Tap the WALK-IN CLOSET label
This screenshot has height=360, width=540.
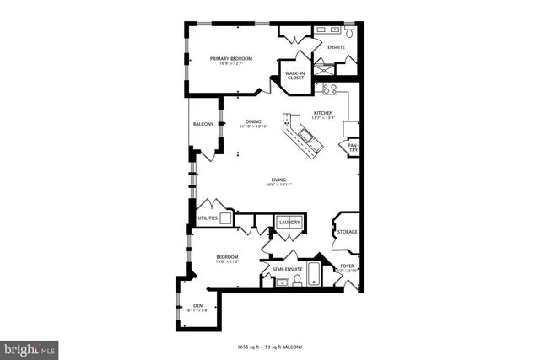click(x=294, y=76)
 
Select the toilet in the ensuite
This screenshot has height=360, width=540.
click(x=349, y=34)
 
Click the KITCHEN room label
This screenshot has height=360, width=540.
click(x=323, y=113)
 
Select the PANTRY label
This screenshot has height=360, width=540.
click(x=352, y=148)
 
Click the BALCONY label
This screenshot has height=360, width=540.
click(x=202, y=124)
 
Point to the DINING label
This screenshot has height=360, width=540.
click(x=252, y=121)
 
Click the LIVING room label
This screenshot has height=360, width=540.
click(x=278, y=179)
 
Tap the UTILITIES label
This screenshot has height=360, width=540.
click(x=208, y=218)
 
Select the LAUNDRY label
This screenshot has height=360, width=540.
click(x=290, y=223)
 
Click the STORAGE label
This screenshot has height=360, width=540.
click(x=347, y=231)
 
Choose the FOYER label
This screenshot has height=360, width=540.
click(x=347, y=266)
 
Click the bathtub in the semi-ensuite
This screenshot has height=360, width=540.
click(x=314, y=273)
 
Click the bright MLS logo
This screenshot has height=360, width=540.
click(x=29, y=347)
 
